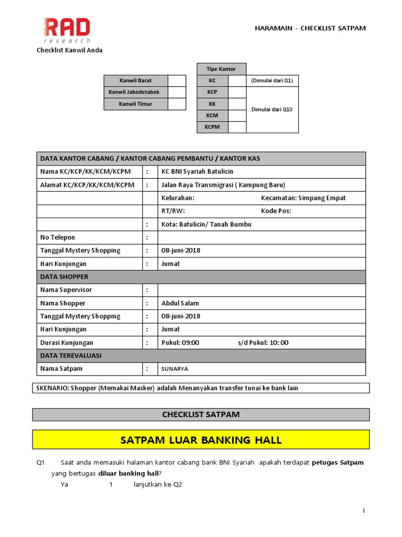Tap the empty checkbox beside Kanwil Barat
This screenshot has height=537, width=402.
pos(177,81)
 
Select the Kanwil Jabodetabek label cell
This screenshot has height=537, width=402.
pos(136,92)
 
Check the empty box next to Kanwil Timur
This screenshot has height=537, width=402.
pos(177,104)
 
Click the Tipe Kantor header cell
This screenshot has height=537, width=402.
pos(221,69)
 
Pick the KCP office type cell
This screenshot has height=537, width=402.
pos(213,92)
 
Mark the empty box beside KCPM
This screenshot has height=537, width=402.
pos(237,127)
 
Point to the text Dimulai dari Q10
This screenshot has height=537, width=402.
pos(272,110)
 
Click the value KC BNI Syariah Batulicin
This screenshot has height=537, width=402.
pos(198,171)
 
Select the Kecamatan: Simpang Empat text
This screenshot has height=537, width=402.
pos(303,198)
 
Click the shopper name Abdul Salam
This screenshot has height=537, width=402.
pos(180,303)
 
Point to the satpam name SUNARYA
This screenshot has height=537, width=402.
pos(175,369)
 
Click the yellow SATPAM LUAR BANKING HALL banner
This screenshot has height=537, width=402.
pos(201,440)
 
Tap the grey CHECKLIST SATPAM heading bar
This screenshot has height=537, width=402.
pos(201,414)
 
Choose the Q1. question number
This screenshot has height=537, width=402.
pos(42,463)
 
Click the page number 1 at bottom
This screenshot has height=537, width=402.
pos(363,511)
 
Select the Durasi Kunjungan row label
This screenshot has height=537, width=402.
pos(66,342)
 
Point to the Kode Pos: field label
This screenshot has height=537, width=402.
pos(276,211)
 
